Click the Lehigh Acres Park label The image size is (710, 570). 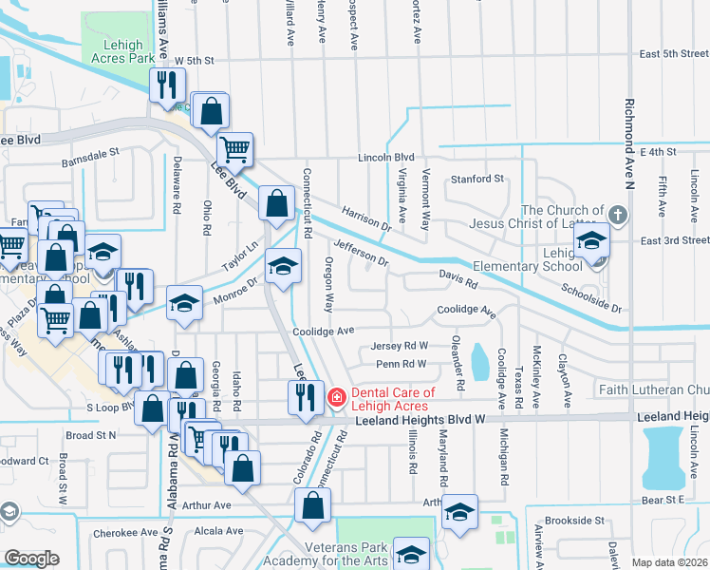120,51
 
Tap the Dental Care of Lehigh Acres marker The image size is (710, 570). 335,397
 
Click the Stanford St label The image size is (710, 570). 476,178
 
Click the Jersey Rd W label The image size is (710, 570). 401,346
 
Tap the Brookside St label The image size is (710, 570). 572,521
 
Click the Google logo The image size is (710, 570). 31,559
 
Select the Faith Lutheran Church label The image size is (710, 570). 654,389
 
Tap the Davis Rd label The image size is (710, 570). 457,281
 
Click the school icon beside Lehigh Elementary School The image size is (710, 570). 591,242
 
